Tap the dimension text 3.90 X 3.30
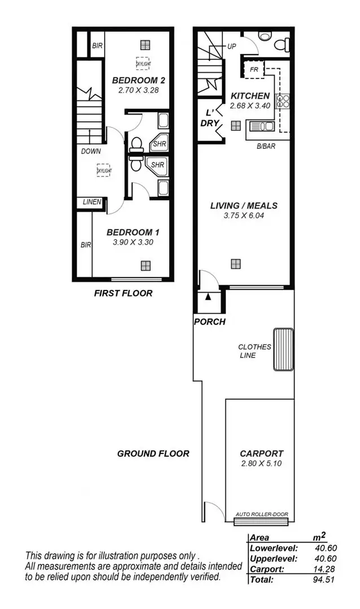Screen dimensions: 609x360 pos(133,242)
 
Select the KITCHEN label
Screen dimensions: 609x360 pos(250,96)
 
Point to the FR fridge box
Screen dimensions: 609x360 pos(253,70)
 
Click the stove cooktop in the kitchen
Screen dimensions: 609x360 pos(283,101)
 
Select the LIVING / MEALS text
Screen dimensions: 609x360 pos(244,205)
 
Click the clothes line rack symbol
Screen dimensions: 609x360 pos(284,349)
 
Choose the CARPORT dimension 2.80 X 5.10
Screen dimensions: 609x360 pos(261,464)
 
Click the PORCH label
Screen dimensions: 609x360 pos(209,322)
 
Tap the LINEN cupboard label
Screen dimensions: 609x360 pos(92,202)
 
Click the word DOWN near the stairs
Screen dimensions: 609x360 pos(91,151)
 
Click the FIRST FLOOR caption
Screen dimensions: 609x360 pos(122,293)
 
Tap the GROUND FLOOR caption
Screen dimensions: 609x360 pos(153,453)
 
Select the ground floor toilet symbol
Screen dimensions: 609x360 pos(279,43)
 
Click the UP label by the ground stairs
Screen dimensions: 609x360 pos(232,47)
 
